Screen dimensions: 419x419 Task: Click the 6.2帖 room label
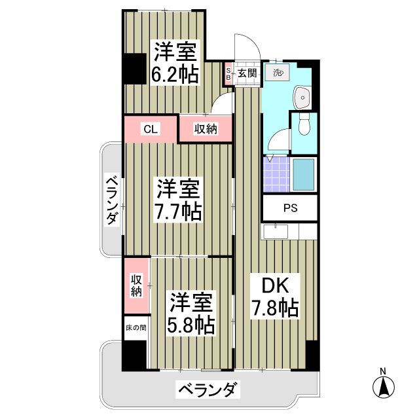pyautogui.click(x=175, y=74)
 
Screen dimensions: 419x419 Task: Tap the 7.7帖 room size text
pyautogui.click(x=177, y=211)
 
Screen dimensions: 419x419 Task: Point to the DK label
pyautogui.click(x=273, y=285)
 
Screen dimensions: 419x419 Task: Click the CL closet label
pyautogui.click(x=151, y=129)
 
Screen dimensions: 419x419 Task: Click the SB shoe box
pyautogui.click(x=228, y=73)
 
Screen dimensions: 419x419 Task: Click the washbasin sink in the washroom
pyautogui.click(x=304, y=98)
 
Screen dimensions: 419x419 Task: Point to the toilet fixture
pyautogui.click(x=304, y=126)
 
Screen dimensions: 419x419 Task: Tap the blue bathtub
pyautogui.click(x=304, y=174)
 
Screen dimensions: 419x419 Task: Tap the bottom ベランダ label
pyautogui.click(x=206, y=392)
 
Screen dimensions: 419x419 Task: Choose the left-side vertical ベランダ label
pyautogui.click(x=111, y=200)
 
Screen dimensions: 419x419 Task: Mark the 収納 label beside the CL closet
pyautogui.click(x=204, y=129)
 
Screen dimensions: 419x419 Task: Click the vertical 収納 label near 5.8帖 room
pyautogui.click(x=136, y=285)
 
